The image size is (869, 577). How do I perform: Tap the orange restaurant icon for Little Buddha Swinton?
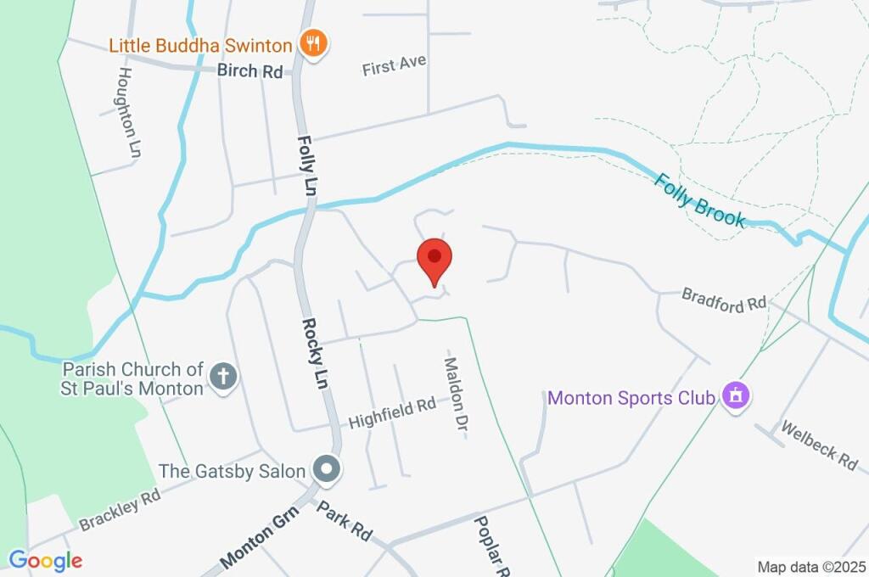[314, 44]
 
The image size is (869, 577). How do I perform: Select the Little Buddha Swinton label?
[200, 44]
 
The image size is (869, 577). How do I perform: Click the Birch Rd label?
[249, 71]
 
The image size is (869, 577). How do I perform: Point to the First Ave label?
[394, 64]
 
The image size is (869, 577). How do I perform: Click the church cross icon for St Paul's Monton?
[223, 377]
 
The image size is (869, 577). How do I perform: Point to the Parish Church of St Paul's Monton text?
[132, 378]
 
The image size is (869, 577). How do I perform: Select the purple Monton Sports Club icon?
[734, 395]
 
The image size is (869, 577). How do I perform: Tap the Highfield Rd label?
[392, 414]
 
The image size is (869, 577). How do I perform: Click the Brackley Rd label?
[120, 510]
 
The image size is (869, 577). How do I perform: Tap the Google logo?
[45, 560]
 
